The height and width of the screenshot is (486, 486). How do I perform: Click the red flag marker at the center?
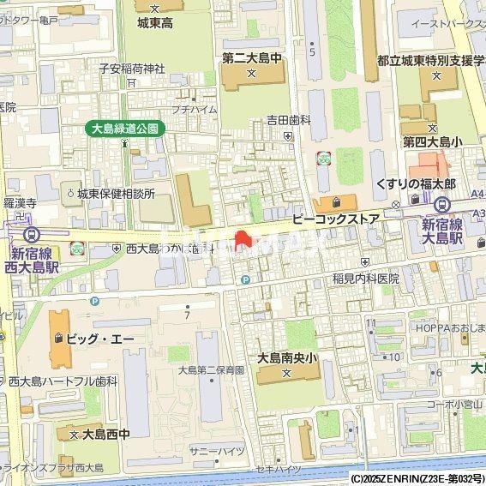tap(243, 239)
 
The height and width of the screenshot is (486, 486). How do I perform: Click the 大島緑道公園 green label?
tap(126, 129)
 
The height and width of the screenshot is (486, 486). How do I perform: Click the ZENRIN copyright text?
tap(417, 478)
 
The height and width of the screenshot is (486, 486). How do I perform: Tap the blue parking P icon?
tap(246, 279)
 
